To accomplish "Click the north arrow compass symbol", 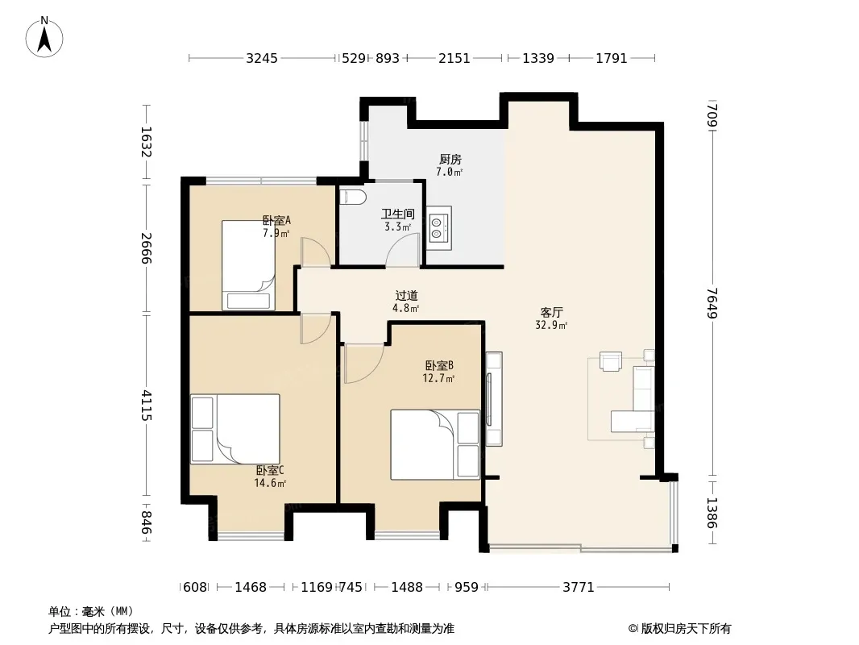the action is tap(44, 37).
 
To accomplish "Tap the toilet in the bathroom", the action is tap(352, 197).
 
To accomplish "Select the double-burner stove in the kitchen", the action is tap(439, 228).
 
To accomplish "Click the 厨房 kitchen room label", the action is tap(450, 160).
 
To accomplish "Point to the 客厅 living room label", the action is tap(551, 312).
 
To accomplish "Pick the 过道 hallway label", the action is tap(406, 295).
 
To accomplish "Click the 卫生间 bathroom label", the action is tap(398, 214).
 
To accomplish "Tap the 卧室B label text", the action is tap(439, 365).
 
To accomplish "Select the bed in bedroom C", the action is tap(235, 429).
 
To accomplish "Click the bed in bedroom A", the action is tap(248, 265).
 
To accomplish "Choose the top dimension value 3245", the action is tap(262, 58).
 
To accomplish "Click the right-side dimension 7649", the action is tap(712, 303).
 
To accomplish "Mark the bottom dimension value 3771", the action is tap(579, 587).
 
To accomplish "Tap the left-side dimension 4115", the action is tap(146, 405).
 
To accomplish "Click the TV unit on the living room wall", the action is tap(494, 399).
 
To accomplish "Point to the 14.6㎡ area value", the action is tap(270, 483).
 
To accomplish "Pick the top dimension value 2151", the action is tap(454, 58).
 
